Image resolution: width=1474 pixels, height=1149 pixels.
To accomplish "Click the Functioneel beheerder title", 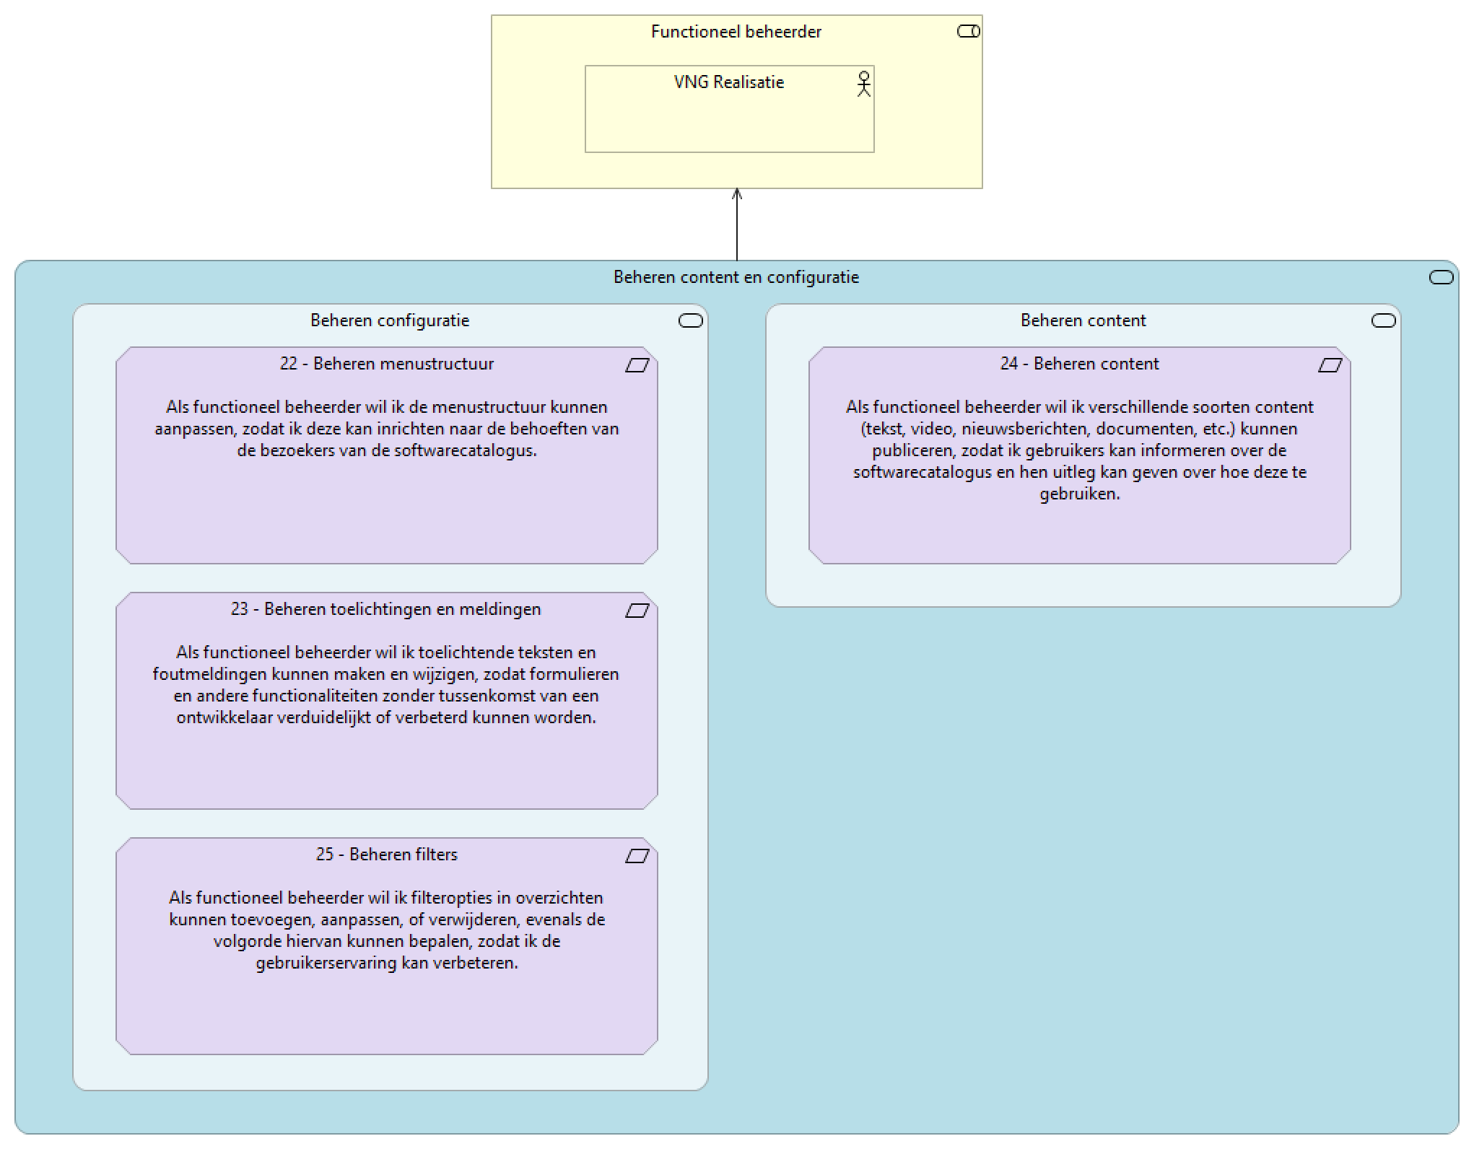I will (x=736, y=32).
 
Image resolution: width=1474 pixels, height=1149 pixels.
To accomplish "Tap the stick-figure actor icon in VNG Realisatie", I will (x=863, y=84).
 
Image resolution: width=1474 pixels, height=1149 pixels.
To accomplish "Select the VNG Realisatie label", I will (x=728, y=82).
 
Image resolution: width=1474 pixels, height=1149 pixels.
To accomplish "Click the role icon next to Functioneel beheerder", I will (x=968, y=31).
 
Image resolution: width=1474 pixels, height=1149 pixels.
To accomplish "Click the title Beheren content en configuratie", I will (x=736, y=277).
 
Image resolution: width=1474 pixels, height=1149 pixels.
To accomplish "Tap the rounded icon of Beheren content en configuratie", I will (x=1441, y=277).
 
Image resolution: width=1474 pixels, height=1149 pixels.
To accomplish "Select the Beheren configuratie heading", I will (x=389, y=320).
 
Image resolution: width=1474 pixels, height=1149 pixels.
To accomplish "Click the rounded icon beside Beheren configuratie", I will (x=690, y=320).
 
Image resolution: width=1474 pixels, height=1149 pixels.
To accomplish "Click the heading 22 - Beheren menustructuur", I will (x=386, y=364).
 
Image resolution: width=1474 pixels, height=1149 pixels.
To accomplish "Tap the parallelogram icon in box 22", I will (x=637, y=365).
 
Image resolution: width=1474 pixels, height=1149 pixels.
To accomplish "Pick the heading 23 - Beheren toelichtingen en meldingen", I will (x=385, y=609).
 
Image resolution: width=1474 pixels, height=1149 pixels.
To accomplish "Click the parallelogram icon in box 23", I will (x=637, y=611).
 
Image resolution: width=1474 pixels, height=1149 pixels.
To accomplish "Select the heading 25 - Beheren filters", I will (x=386, y=855).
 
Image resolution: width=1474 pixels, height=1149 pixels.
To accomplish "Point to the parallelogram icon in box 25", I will (x=637, y=856).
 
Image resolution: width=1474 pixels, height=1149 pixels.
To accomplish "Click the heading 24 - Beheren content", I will (x=1079, y=364).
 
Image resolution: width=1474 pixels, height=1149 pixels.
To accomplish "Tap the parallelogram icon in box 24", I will (x=1330, y=365).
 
